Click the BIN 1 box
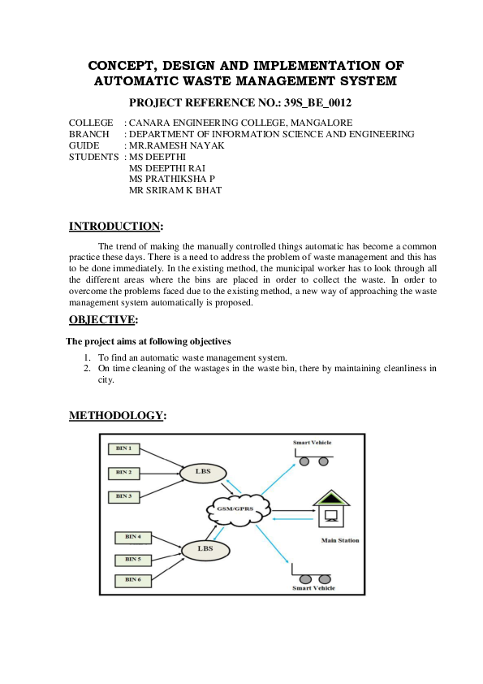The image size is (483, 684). coord(125,448)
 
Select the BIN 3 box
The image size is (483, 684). coord(125,496)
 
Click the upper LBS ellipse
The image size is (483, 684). coord(204,471)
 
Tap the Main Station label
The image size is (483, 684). coord(340,540)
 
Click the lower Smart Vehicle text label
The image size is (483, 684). coord(313,587)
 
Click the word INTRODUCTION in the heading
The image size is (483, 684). coord(114,226)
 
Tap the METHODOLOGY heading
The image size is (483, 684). coord(116,416)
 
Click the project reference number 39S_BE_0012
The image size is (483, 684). coord(313,103)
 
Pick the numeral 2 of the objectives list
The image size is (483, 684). coord(88,368)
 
